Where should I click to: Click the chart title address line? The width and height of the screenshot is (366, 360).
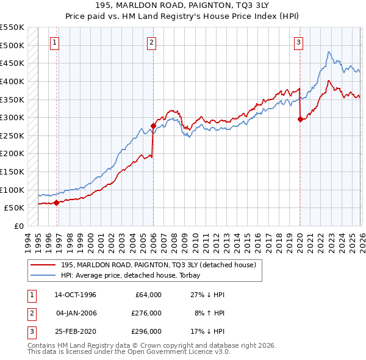(x=182, y=5)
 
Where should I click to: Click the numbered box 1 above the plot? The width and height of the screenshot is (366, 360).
(x=55, y=42)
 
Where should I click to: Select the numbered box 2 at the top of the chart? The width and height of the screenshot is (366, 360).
(x=151, y=42)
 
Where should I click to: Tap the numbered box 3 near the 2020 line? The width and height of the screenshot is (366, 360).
(x=298, y=42)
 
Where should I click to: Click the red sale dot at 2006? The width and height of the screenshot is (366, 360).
(x=153, y=126)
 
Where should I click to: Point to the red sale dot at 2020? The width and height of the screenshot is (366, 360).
(x=300, y=120)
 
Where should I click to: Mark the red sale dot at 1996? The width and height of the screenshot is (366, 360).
(x=57, y=203)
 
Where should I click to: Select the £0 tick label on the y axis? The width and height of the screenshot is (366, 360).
(x=18, y=226)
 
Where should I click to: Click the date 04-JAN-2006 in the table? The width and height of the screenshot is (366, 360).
(x=76, y=313)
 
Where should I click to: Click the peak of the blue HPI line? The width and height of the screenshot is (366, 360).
(x=329, y=52)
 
